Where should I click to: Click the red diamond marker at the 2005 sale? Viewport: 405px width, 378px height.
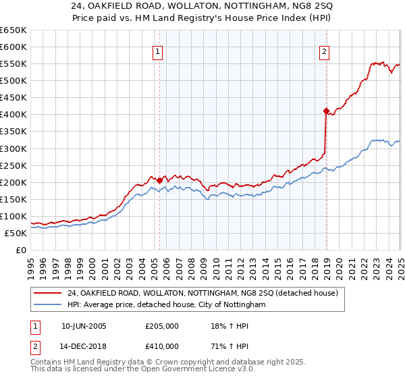159,180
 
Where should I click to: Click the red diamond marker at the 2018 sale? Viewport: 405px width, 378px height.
326,111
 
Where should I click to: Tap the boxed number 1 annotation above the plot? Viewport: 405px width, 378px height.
157,51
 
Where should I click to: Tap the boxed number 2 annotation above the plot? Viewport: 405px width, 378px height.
324,51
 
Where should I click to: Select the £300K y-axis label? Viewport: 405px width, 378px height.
14,148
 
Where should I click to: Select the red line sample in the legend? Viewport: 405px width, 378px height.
48,293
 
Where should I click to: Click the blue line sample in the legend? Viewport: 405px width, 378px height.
48,304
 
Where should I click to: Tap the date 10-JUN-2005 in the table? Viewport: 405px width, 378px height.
84,326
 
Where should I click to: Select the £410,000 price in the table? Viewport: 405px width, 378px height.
162,348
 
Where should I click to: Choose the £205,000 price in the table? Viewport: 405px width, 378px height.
162,326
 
